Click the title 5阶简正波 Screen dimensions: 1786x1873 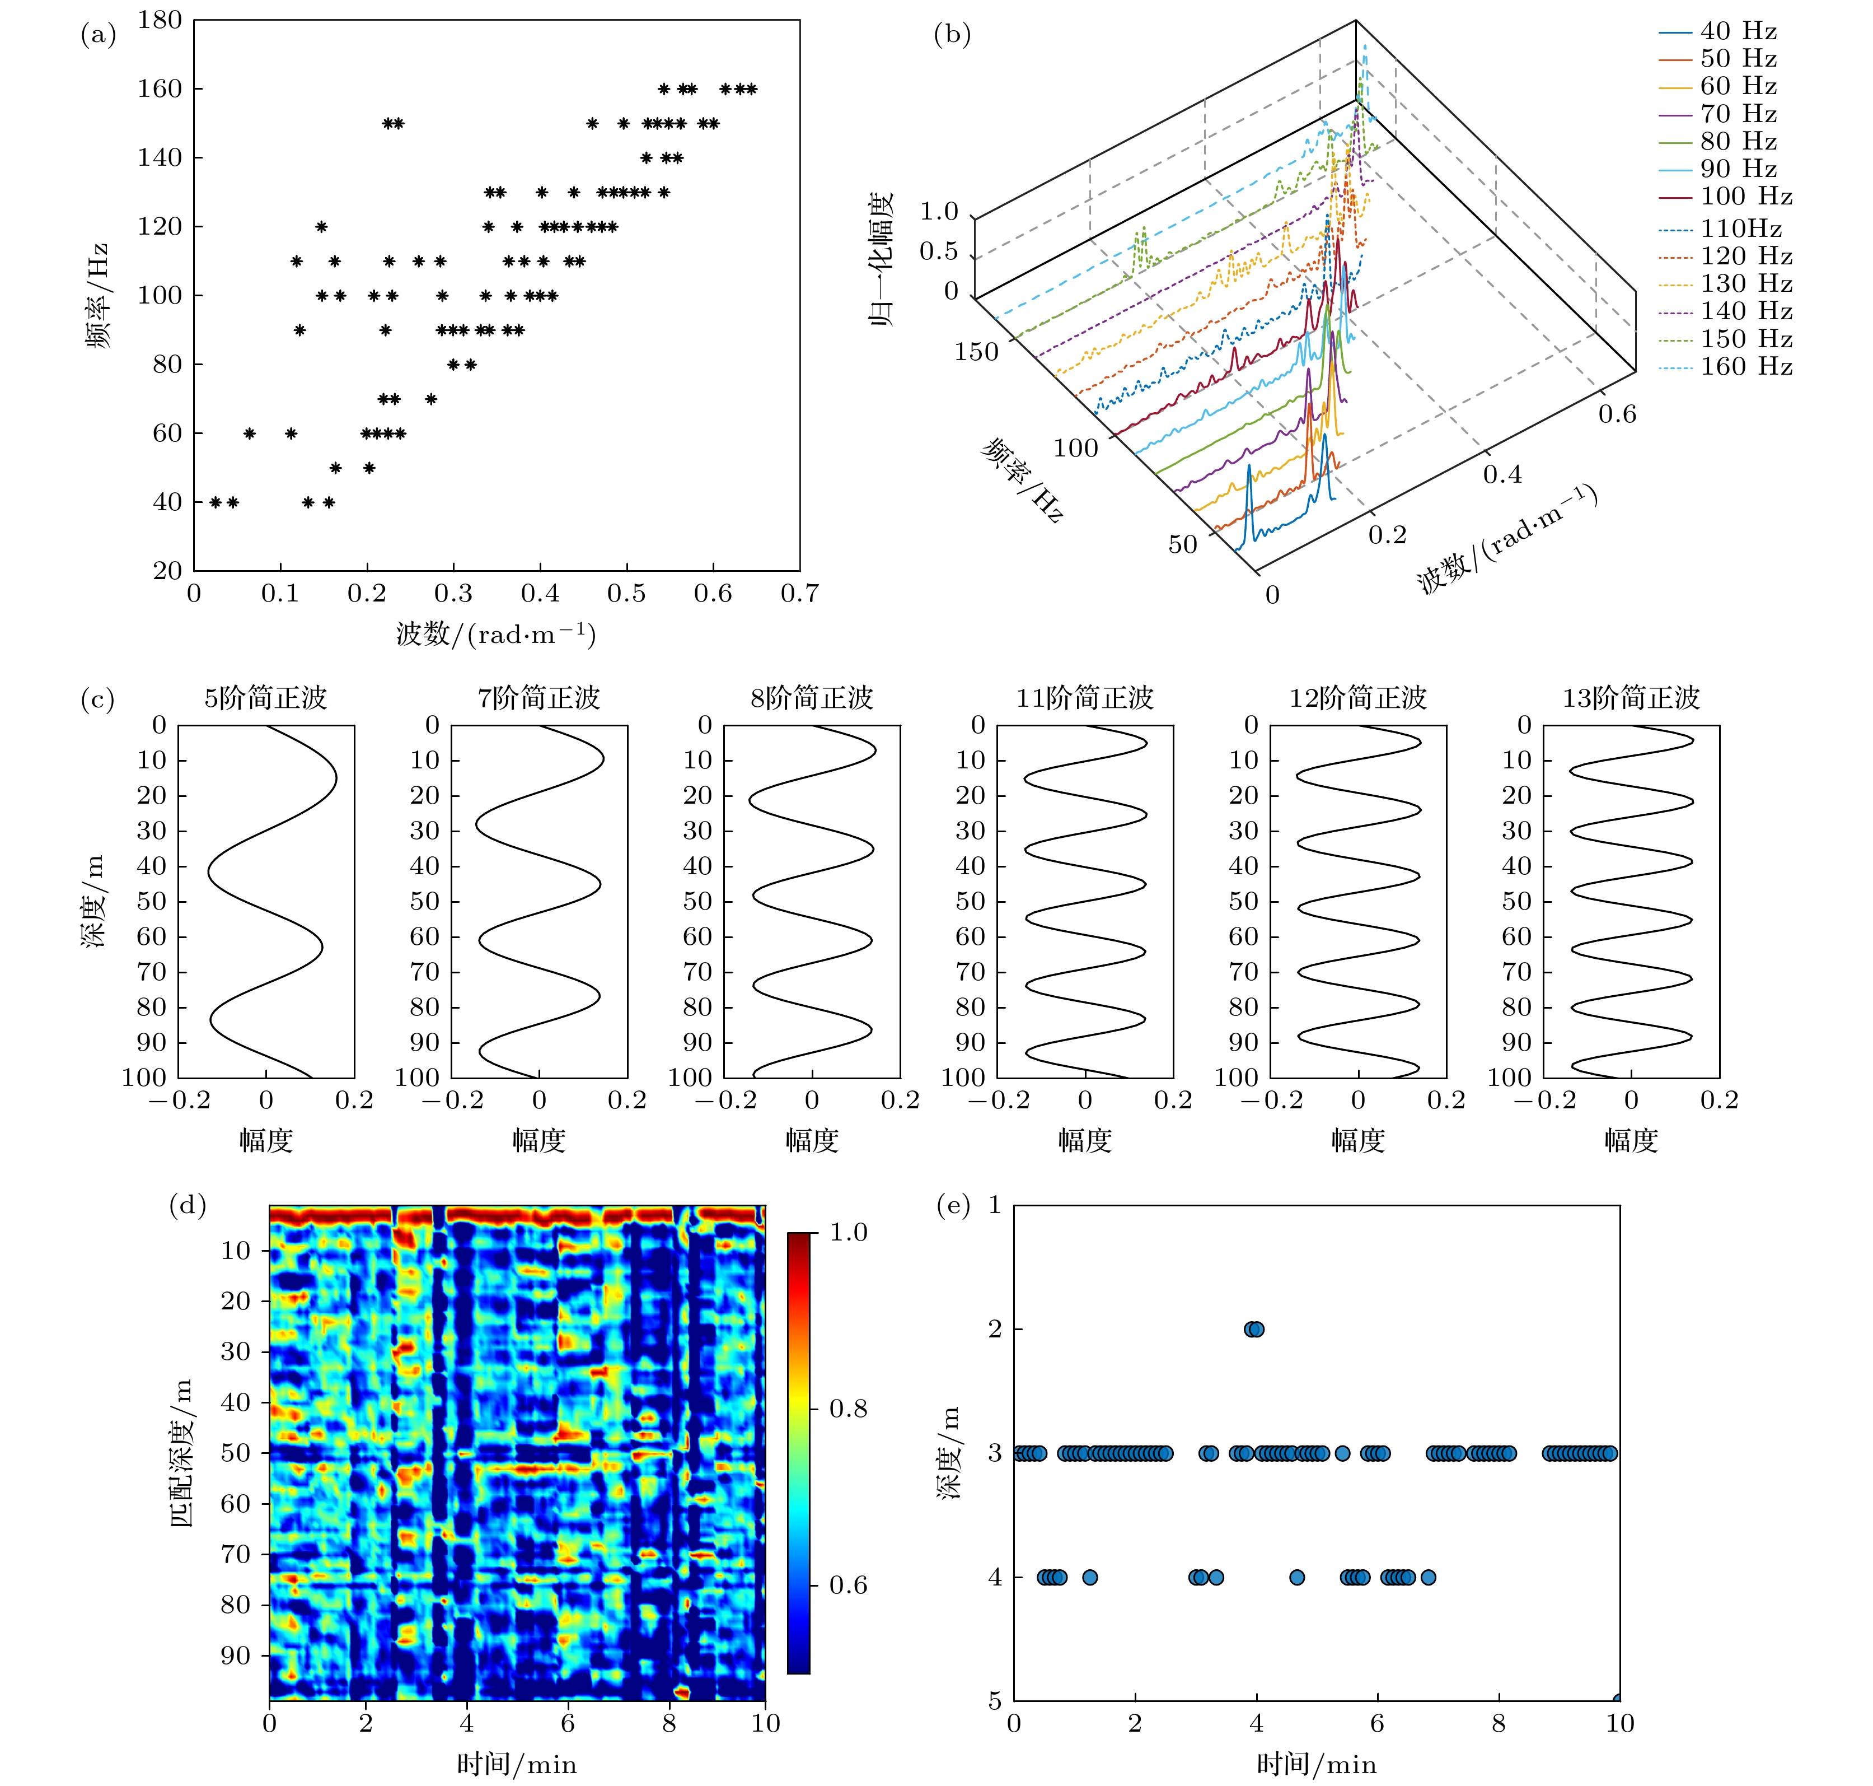pyautogui.click(x=265, y=698)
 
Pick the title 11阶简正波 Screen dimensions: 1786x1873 pyautogui.click(x=1084, y=698)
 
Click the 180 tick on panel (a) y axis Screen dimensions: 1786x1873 pyautogui.click(x=159, y=20)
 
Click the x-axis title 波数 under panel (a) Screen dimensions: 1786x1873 pyautogui.click(x=495, y=634)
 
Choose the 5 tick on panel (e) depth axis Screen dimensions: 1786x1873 pyautogui.click(x=995, y=1701)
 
